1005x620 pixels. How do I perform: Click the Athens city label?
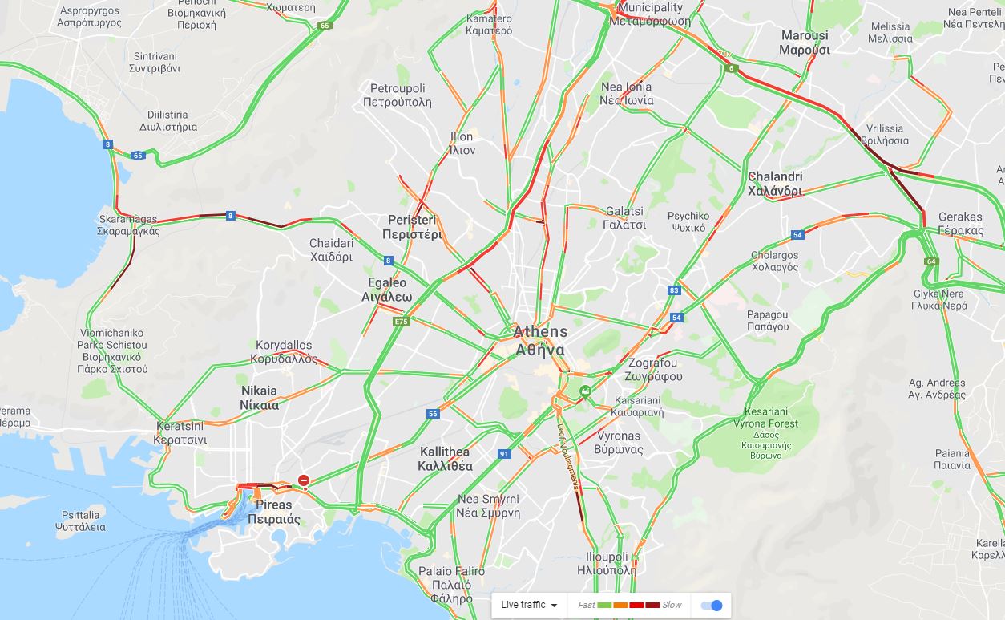click(x=540, y=340)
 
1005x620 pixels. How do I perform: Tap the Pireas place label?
click(x=273, y=512)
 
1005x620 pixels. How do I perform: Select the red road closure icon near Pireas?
click(x=304, y=481)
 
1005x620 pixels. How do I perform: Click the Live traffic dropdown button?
click(x=529, y=605)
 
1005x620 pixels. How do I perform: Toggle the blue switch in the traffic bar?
click(x=711, y=605)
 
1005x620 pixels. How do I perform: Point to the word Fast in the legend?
click(x=586, y=605)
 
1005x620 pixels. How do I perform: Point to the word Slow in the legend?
click(x=672, y=605)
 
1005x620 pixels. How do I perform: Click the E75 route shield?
click(x=402, y=322)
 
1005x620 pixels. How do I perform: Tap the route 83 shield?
click(x=674, y=290)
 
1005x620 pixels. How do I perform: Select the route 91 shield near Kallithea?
click(x=504, y=454)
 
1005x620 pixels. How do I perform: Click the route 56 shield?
click(x=433, y=414)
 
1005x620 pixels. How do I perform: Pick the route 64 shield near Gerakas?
click(x=930, y=261)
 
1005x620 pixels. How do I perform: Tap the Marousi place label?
click(x=804, y=43)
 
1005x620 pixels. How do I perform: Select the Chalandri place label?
click(x=774, y=184)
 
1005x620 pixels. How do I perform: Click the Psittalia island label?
click(x=80, y=521)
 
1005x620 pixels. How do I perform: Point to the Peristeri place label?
click(x=412, y=227)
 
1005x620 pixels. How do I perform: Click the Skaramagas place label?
click(x=129, y=225)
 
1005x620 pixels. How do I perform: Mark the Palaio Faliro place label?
click(x=451, y=584)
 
